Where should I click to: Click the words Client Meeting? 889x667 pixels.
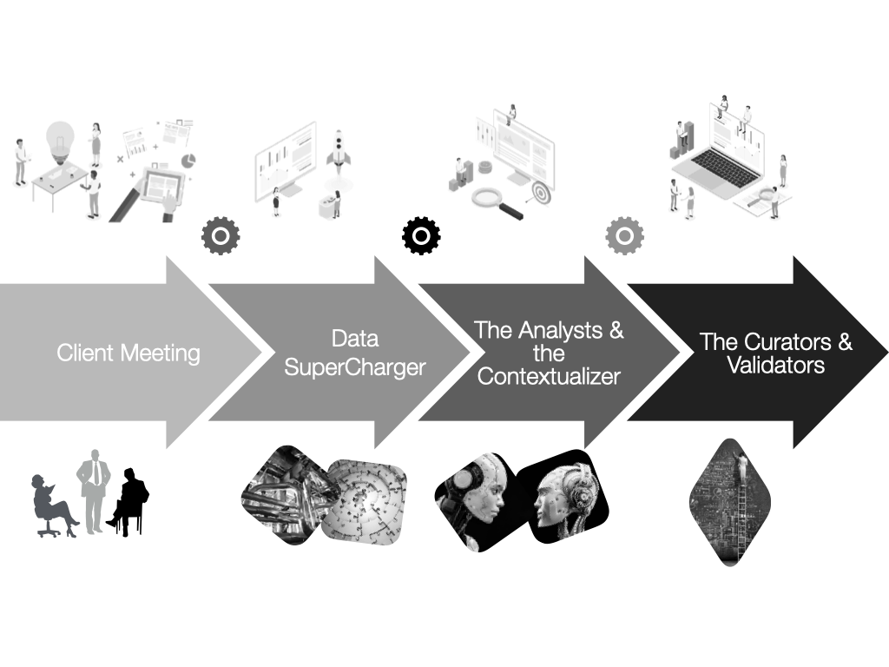click(128, 353)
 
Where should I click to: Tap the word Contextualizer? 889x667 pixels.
click(549, 377)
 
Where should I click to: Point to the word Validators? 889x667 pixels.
click(775, 366)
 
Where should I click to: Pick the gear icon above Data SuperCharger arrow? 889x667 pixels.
click(221, 234)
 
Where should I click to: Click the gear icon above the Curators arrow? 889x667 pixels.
click(622, 236)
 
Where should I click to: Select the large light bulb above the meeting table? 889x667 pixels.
click(58, 139)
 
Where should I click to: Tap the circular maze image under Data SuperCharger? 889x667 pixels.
click(365, 504)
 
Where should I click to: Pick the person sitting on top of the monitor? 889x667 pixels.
click(512, 114)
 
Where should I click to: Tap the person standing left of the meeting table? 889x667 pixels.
click(20, 161)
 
